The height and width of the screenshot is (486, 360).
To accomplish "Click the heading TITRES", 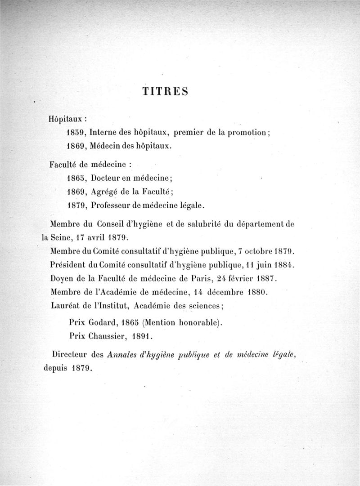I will [x=165, y=91].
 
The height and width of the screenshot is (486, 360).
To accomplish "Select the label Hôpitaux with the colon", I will [x=67, y=120].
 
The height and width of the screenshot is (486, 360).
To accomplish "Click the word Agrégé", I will [x=104, y=191].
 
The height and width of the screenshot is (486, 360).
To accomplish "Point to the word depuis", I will [x=55, y=367].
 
